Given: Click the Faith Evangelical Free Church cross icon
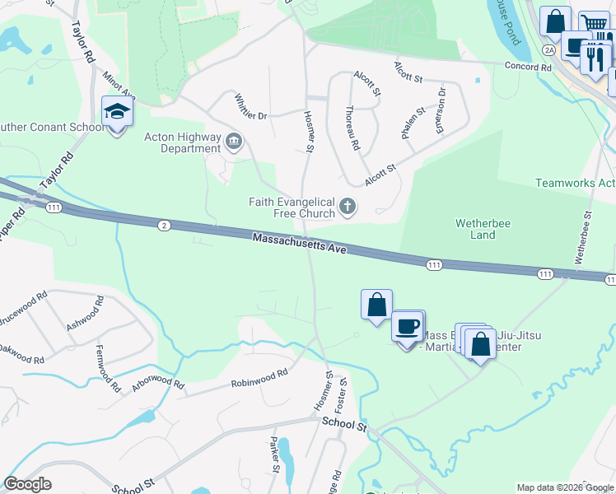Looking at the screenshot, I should point(348,207).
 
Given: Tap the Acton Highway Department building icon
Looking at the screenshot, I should point(234,143).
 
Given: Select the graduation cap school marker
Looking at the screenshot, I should point(116,113).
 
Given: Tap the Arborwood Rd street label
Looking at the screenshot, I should point(157,384).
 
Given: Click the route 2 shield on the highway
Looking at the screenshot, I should point(165,225).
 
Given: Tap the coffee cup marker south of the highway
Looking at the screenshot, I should point(407,326).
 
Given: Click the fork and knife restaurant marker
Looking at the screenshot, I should point(594,58).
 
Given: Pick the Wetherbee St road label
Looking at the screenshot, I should point(584,239).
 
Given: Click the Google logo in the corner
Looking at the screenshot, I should point(28,484).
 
